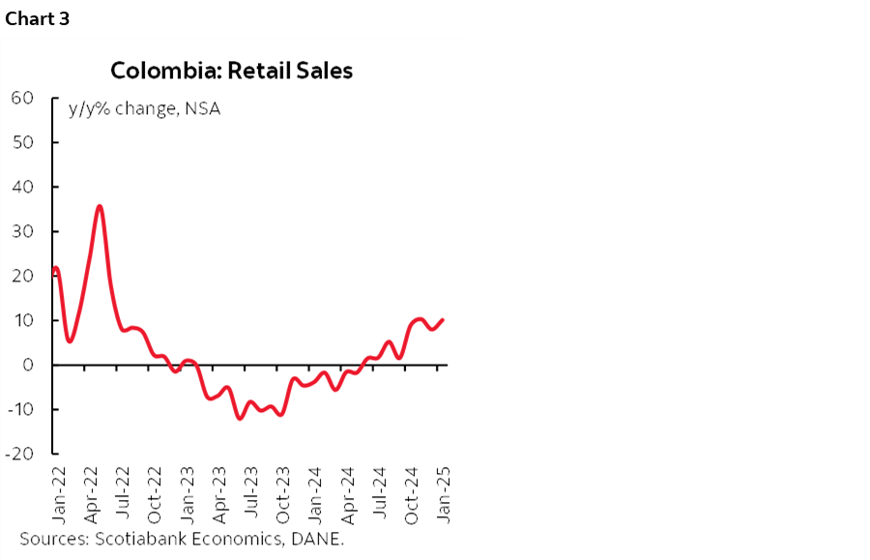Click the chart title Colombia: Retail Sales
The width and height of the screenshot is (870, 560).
click(231, 71)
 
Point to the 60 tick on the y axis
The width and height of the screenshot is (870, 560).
click(22, 98)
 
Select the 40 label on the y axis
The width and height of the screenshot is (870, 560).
click(22, 187)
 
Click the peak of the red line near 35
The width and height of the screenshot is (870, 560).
click(100, 206)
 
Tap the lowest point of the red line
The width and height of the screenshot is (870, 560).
click(239, 418)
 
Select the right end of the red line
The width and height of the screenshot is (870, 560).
click(444, 320)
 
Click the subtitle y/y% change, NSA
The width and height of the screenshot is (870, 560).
click(143, 108)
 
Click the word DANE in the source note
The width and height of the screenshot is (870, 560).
click(322, 538)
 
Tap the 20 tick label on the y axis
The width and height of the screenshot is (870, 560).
click(22, 276)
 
